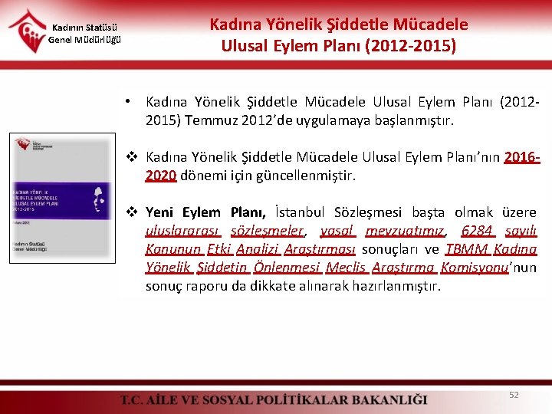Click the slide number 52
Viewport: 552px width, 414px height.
tap(514, 395)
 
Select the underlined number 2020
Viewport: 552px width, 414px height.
tap(161, 176)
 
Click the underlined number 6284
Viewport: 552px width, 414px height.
tap(478, 231)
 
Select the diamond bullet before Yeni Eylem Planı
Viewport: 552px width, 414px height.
tap(132, 212)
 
